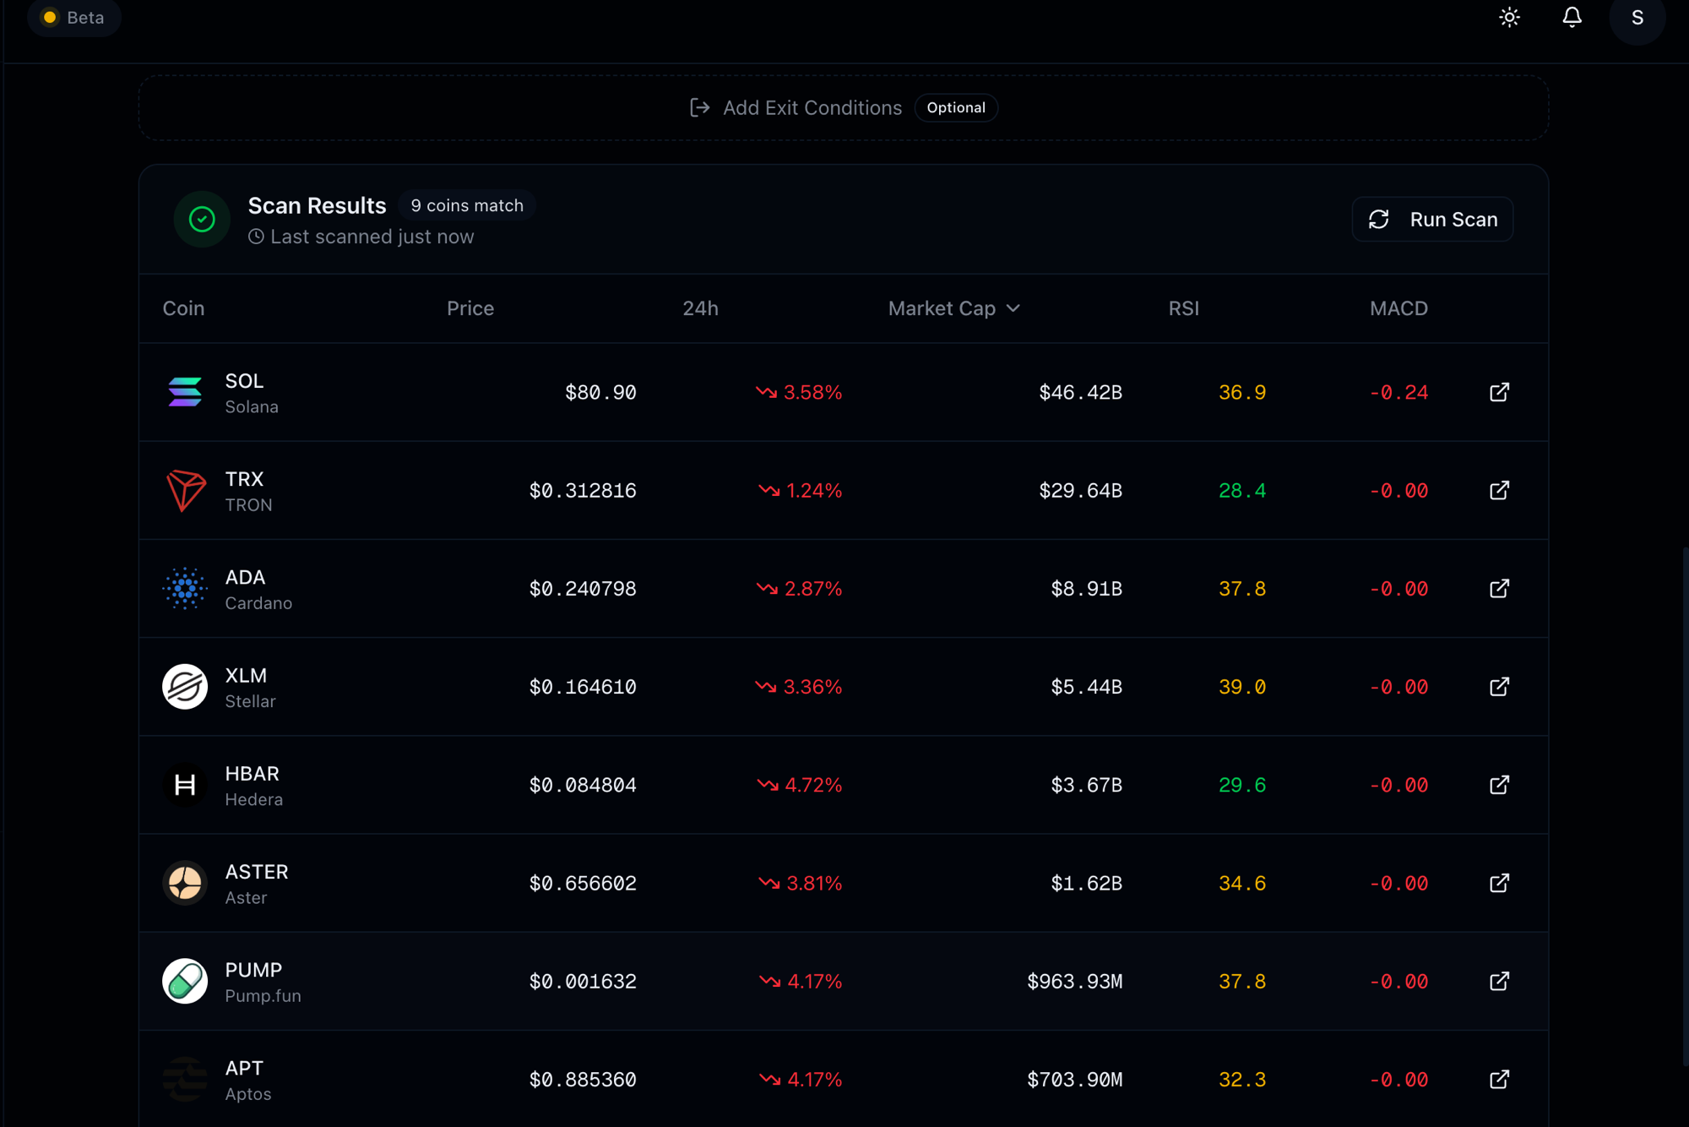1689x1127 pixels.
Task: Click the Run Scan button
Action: [1432, 220]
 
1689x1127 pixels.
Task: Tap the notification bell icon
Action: [1572, 18]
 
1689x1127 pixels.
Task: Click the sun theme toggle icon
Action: [1510, 18]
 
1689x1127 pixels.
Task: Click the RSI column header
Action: [1183, 308]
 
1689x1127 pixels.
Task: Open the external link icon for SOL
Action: [1499, 392]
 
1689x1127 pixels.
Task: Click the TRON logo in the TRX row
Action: [185, 491]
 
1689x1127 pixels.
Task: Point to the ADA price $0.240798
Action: [583, 589]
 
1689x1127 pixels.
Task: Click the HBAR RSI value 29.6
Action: [1242, 785]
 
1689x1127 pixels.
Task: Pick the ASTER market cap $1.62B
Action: [1086, 883]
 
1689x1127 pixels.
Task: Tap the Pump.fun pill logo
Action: [185, 981]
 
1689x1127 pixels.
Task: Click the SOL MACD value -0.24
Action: [1398, 392]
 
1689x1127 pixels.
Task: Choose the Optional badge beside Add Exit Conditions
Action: [956, 108]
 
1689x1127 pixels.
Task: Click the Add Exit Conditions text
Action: [812, 108]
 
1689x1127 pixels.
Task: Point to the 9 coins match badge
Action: [467, 205]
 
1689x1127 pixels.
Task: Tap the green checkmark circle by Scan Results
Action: [202, 220]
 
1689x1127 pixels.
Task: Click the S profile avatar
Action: [1637, 18]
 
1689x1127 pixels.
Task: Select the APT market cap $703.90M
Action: [1074, 1080]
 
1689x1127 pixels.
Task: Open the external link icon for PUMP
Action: [1499, 981]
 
